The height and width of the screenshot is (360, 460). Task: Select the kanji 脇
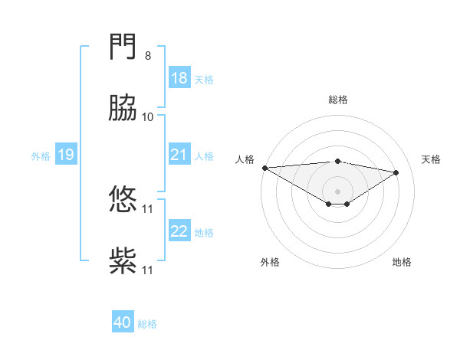coord(123,109)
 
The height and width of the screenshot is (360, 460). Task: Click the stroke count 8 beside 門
coord(148,56)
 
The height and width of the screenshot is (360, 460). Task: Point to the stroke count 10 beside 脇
coord(148,117)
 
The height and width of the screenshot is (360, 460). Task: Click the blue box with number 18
coord(179,78)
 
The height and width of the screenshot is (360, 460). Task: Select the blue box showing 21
coord(179,155)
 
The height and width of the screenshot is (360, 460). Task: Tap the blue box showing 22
coord(179,231)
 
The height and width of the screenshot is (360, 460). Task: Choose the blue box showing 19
coord(66,155)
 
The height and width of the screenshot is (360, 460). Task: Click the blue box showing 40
coord(123,322)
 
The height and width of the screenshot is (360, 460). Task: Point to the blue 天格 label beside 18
coord(203,80)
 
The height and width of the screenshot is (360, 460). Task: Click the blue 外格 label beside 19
coord(41,156)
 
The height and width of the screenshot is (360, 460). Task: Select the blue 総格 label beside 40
coord(147,324)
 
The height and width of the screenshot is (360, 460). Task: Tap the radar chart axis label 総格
coord(338,100)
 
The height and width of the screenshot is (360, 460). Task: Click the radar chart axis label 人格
coord(245,159)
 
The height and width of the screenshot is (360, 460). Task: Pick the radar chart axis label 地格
coord(402,262)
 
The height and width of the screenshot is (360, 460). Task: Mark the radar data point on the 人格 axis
coord(264,168)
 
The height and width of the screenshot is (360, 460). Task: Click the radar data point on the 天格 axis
coord(396,172)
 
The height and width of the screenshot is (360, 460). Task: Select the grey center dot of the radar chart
coord(338,191)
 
